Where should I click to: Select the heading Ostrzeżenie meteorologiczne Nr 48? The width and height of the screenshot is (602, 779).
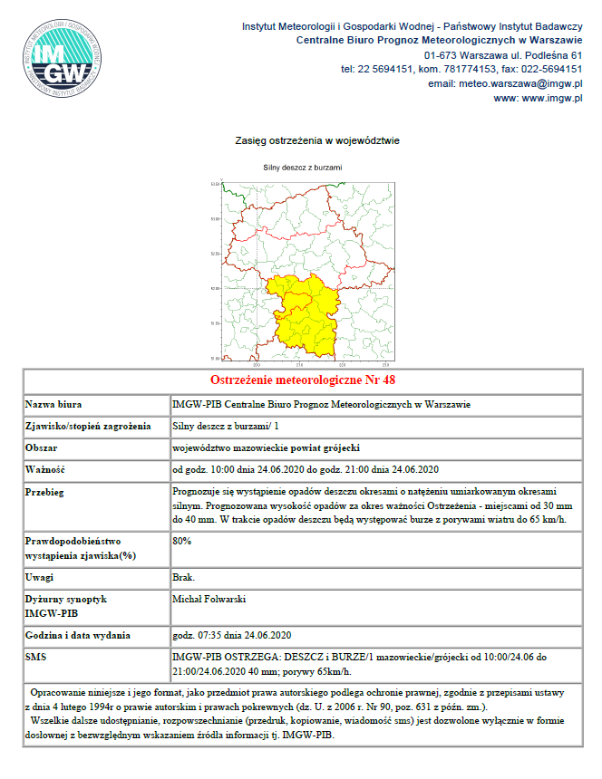point(303,380)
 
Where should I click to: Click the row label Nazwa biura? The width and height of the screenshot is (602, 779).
point(56,403)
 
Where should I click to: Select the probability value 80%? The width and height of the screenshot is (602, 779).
point(181,541)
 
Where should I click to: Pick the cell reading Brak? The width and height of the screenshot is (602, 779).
point(181,577)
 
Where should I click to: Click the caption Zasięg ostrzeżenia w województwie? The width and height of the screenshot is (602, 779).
point(304,141)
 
